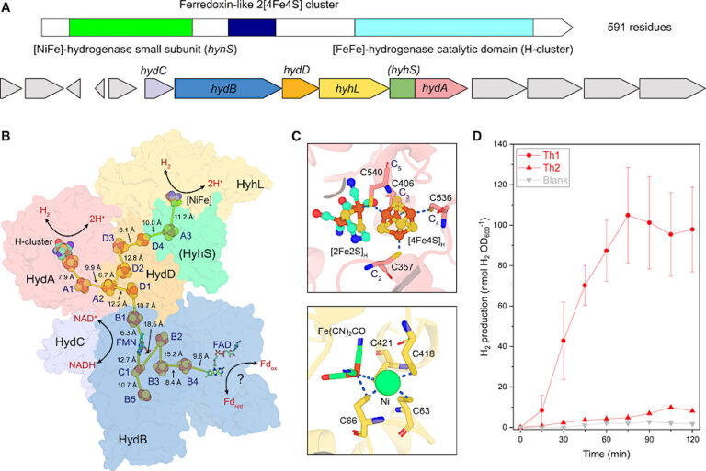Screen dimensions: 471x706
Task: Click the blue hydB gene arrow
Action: coord(225,89)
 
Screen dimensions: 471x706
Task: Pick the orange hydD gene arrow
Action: coord(298,89)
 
